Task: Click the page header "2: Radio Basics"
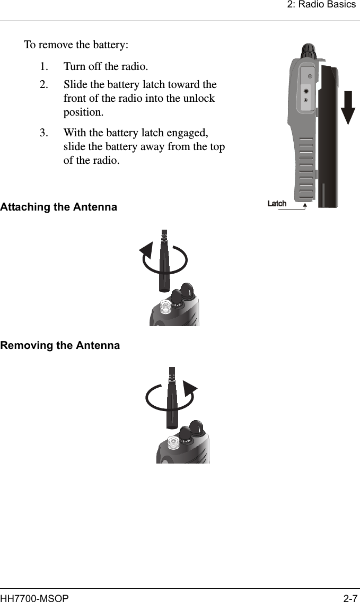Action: click(x=321, y=5)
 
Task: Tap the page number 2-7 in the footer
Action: click(x=349, y=598)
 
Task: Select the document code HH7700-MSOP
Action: click(x=34, y=598)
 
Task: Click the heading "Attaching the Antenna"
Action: click(x=58, y=207)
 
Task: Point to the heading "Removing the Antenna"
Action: click(x=60, y=346)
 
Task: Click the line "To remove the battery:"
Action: click(x=76, y=44)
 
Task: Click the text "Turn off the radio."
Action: click(x=106, y=67)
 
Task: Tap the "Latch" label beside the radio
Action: click(x=277, y=204)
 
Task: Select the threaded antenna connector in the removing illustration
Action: click(x=172, y=442)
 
